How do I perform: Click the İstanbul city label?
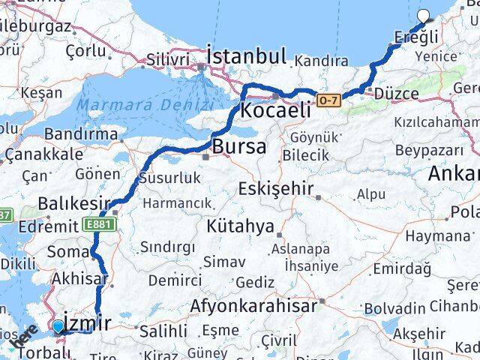click(247, 56)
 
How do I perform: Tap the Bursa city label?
click(238, 147)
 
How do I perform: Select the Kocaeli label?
click(275, 110)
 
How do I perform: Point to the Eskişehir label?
click(274, 188)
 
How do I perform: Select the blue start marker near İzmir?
click(58, 325)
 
